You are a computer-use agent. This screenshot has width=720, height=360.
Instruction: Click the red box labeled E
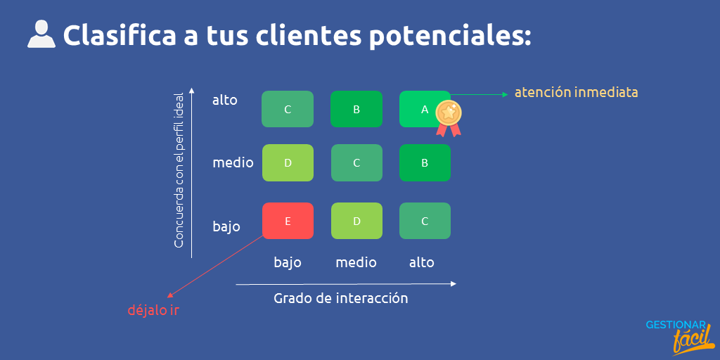pyautogui.click(x=287, y=221)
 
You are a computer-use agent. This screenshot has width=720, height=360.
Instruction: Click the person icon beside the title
pyautogui.click(x=41, y=34)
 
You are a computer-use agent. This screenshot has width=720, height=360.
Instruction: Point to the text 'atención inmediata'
pyautogui.click(x=576, y=92)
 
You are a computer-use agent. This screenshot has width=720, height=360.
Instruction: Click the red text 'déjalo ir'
pyautogui.click(x=153, y=310)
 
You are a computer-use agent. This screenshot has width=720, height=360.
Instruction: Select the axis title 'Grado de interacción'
pyautogui.click(x=340, y=298)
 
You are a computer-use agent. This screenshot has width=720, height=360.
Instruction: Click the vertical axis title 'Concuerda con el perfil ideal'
pyautogui.click(x=179, y=170)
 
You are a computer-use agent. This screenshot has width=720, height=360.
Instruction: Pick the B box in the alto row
pyautogui.click(x=356, y=109)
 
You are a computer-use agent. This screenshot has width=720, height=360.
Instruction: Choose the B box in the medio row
pyautogui.click(x=425, y=163)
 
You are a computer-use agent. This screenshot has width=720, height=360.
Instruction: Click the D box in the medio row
pyautogui.click(x=287, y=163)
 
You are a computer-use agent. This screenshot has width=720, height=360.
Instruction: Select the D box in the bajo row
pyautogui.click(x=356, y=221)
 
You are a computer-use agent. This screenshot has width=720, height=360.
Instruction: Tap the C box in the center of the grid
pyautogui.click(x=356, y=163)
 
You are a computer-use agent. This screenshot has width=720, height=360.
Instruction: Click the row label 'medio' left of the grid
pyautogui.click(x=233, y=163)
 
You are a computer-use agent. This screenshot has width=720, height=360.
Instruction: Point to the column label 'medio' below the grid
pyautogui.click(x=356, y=262)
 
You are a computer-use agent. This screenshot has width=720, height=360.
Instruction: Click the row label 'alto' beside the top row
pyautogui.click(x=225, y=100)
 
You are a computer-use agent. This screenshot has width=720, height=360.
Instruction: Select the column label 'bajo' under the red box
pyautogui.click(x=287, y=262)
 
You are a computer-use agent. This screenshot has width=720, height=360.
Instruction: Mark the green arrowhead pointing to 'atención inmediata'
pyautogui.click(x=505, y=94)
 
